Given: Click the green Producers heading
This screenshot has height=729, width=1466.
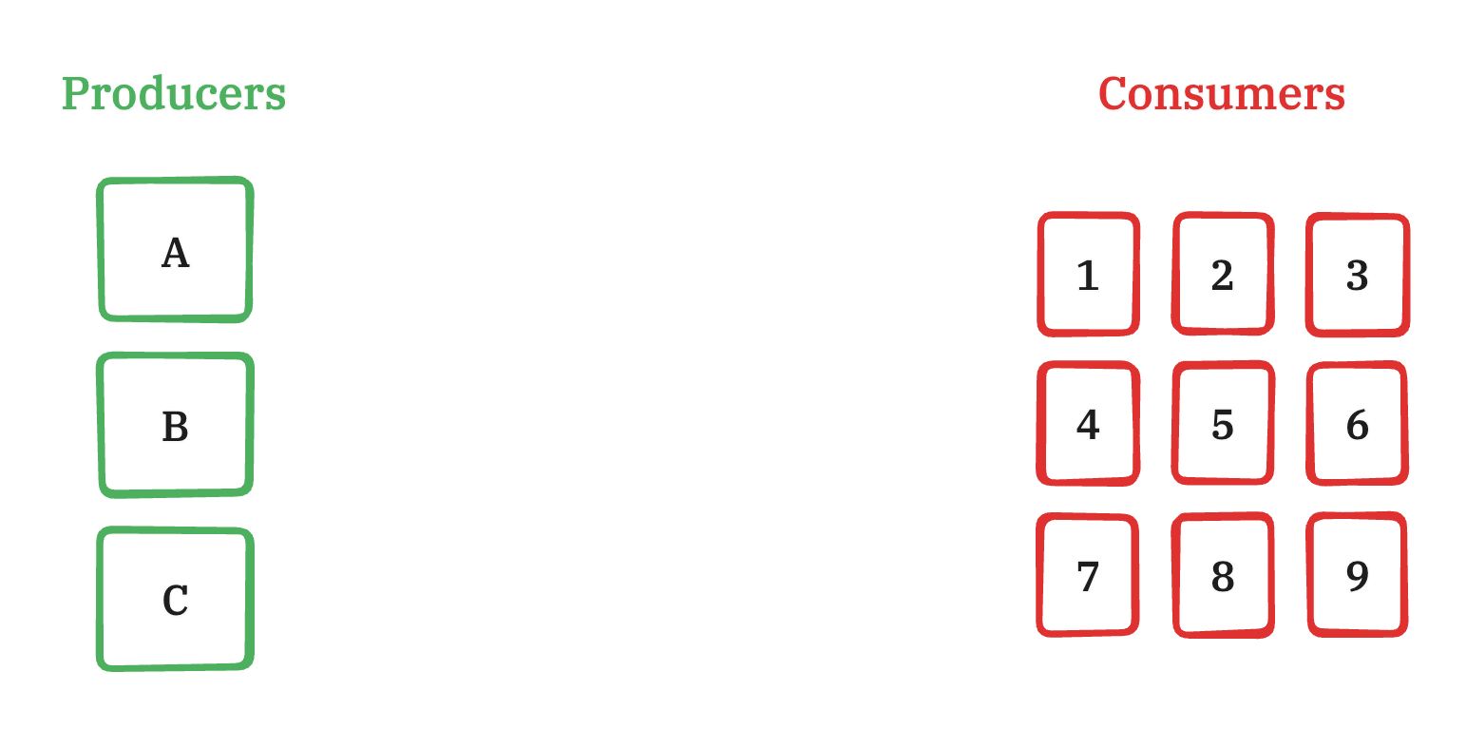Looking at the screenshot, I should point(174,94).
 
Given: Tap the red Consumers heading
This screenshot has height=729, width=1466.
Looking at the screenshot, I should point(1222,94).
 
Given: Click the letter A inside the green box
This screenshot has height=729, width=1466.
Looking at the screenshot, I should point(176,253).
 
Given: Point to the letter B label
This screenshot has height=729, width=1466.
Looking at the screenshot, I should point(176,427).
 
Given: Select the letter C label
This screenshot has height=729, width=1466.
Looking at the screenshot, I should point(176,601).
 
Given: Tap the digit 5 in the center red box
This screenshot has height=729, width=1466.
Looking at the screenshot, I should point(1223,425).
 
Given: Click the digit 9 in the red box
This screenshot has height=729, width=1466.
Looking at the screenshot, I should point(1357,576).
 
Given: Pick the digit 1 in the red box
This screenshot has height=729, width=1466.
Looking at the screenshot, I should point(1088,276).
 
